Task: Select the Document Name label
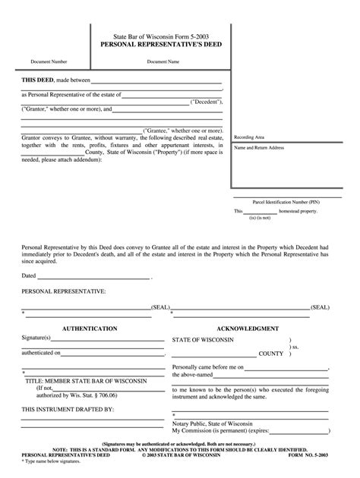click(163, 61)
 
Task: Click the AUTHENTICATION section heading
click(89, 329)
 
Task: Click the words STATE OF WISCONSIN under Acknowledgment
click(213, 339)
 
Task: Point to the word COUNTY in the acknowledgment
click(271, 354)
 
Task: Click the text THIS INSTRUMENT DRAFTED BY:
click(68, 409)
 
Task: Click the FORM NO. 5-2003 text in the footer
click(311, 454)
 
